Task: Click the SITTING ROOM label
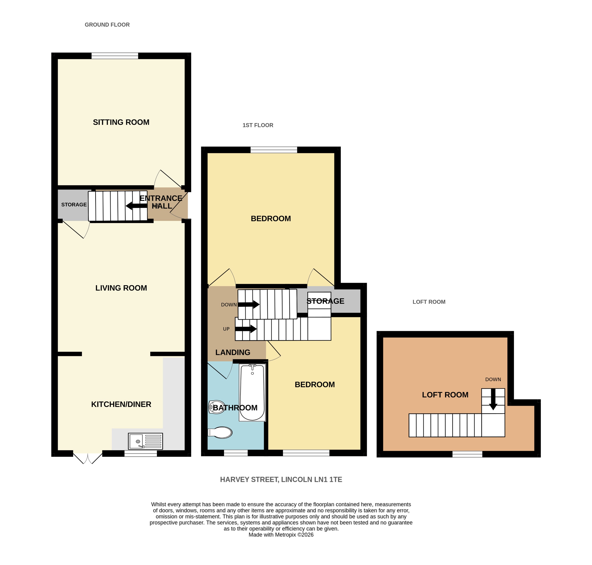pos(121,122)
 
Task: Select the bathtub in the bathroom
pos(252,392)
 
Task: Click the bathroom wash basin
pos(217,407)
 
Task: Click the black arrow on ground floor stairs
pos(136,206)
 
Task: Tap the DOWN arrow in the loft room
pos(493,399)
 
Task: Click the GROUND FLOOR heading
pos(107,25)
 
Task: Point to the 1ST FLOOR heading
pos(258,125)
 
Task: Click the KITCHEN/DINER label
pos(121,404)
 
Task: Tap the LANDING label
pos(233,352)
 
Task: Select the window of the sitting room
pos(115,56)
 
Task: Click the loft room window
pos(467,454)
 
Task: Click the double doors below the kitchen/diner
pos(88,458)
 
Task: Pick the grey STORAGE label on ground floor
pos(74,205)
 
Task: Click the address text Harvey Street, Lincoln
pos(281,480)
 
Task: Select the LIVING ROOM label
pos(121,288)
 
